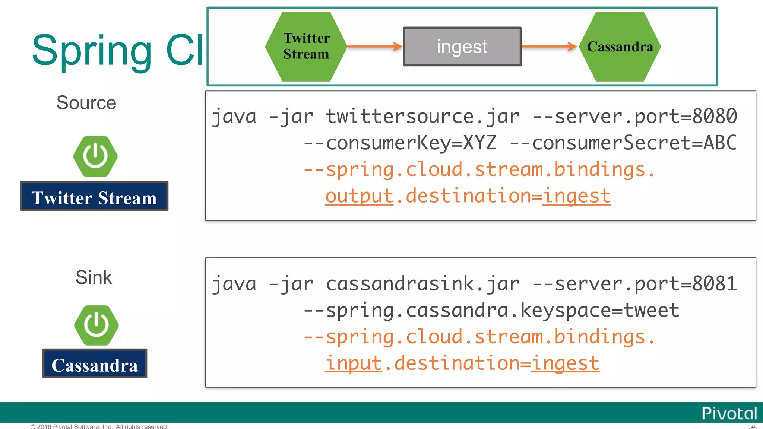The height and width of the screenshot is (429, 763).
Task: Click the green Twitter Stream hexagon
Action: coord(306,46)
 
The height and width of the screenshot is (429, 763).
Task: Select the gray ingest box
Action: coord(462,47)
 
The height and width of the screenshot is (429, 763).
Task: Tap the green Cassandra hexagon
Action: coord(620,47)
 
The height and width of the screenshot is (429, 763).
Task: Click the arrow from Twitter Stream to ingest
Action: coord(374,47)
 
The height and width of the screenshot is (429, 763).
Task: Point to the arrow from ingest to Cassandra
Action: coord(549,47)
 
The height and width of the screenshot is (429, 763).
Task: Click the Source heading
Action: coord(86,103)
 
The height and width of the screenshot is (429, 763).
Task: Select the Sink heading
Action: coord(94,277)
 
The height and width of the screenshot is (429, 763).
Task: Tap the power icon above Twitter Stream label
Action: coord(95,156)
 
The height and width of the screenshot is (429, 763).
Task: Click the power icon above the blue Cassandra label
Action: coord(96,325)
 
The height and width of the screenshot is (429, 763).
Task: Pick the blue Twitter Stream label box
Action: coord(94,196)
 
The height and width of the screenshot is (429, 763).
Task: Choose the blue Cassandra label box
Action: coord(95,363)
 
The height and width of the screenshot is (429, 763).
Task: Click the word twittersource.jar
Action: coord(422,117)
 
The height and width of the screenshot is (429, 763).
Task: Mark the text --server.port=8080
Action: coord(634,117)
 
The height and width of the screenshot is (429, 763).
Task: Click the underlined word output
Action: coord(359,196)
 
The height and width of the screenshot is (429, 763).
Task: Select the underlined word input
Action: coord(354,363)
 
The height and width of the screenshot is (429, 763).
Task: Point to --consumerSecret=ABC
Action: coord(623,143)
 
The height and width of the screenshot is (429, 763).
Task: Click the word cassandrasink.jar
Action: coord(422,284)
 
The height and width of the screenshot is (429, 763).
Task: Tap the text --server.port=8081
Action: coord(634,284)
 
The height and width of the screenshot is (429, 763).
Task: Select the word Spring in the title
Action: coord(92,50)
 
